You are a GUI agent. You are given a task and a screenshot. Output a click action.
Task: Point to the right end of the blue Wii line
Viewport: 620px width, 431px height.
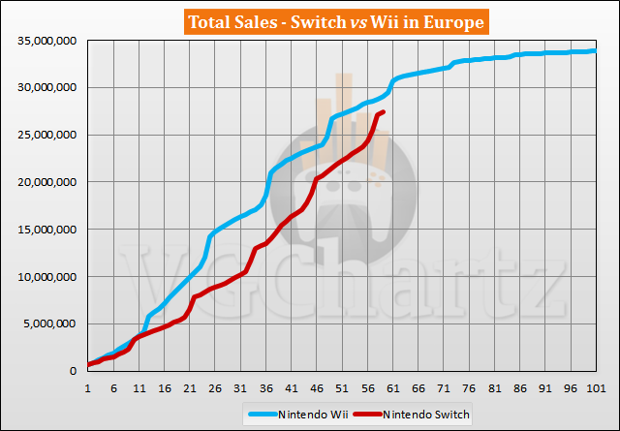tap(595, 50)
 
